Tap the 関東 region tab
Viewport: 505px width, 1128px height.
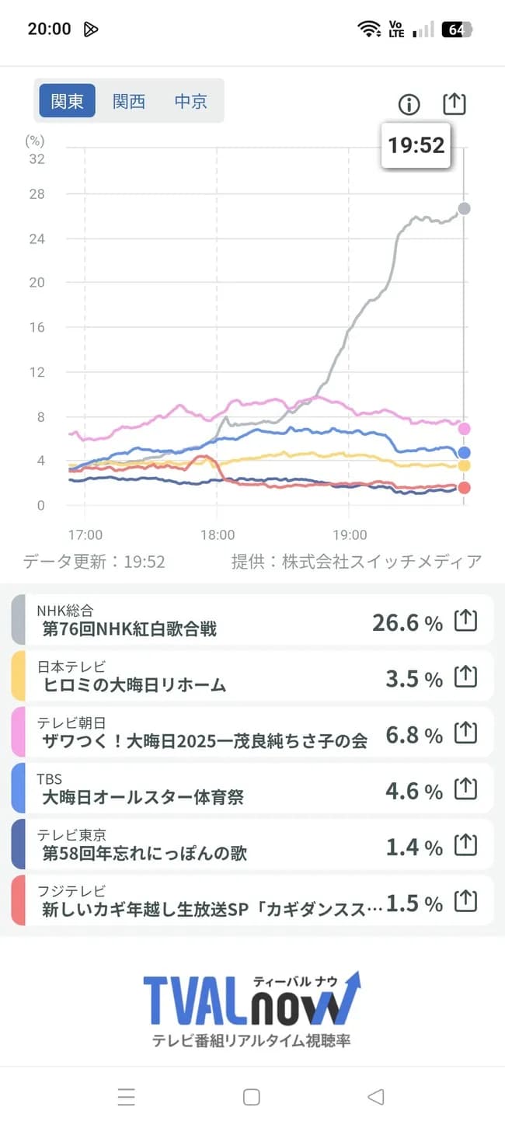tap(68, 101)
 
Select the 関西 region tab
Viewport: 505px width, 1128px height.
tap(129, 101)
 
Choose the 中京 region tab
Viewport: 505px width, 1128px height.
tap(190, 101)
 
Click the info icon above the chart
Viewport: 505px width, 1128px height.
tap(409, 104)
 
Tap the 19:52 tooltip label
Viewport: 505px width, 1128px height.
tap(416, 144)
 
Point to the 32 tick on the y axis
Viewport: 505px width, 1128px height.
tap(37, 159)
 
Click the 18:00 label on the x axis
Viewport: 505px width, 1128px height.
tap(217, 534)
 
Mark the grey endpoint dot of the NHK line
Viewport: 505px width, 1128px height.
tap(464, 208)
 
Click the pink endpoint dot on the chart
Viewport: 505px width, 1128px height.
tap(464, 428)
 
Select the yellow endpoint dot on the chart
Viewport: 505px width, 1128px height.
tap(464, 465)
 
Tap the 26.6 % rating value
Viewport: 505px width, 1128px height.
tap(407, 622)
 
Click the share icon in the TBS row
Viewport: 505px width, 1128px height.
tap(465, 789)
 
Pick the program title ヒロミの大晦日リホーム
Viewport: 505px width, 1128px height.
tap(134, 684)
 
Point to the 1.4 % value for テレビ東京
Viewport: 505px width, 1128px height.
tap(414, 847)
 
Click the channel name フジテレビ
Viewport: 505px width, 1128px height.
tap(71, 891)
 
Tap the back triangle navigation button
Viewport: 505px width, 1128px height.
tap(376, 1096)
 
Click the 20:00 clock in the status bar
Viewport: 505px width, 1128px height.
tap(49, 30)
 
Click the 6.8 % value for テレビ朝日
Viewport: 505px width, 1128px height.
tap(414, 735)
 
